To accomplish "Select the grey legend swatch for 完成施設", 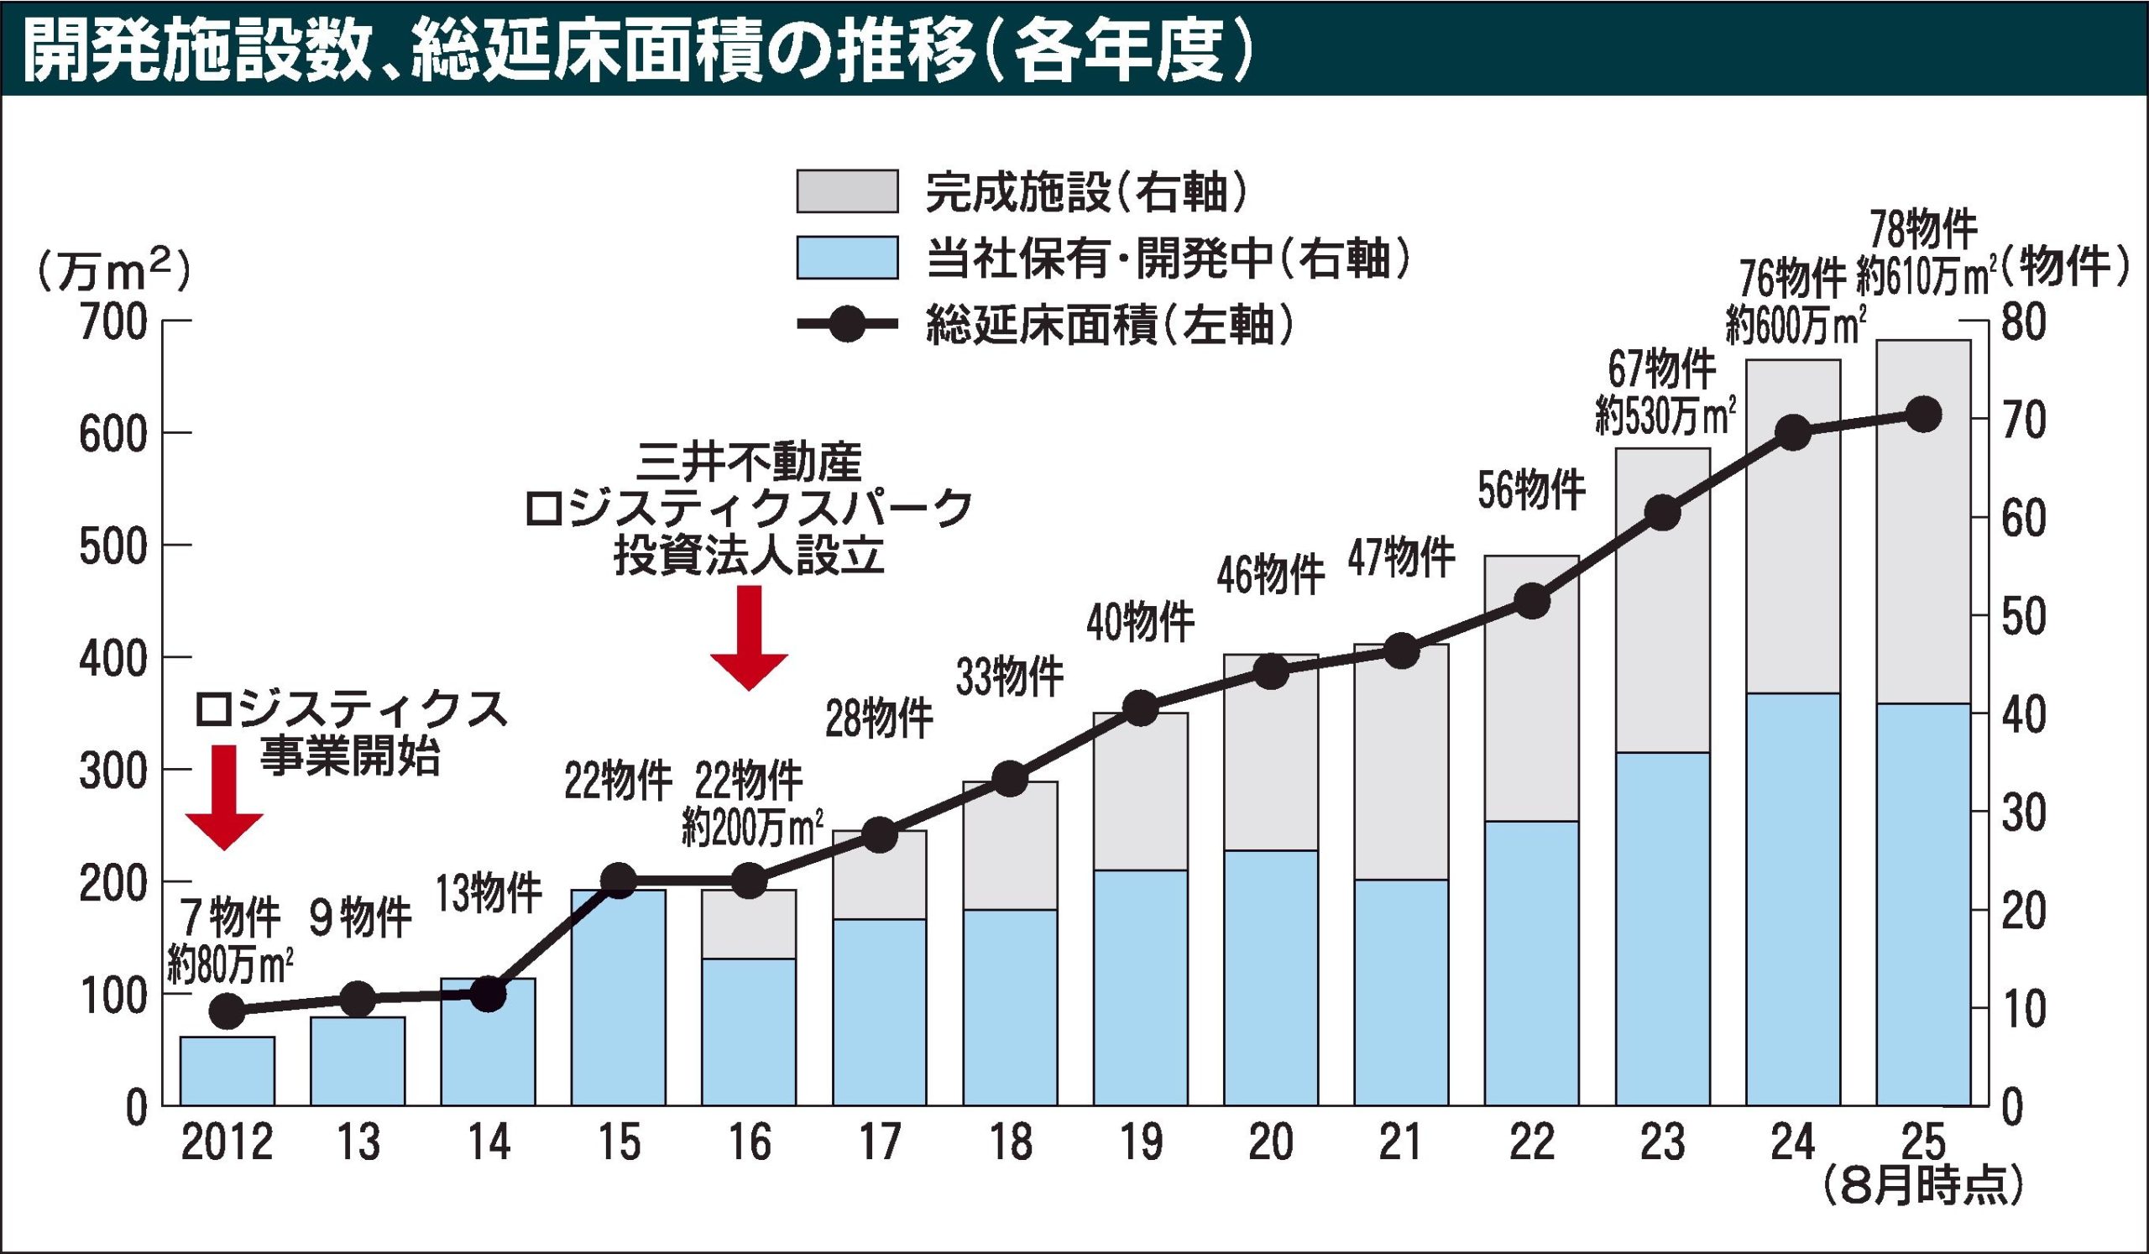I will point(846,191).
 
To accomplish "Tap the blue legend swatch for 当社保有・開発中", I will point(846,257).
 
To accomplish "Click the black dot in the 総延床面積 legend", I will point(847,324).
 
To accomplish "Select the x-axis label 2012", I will point(227,1143).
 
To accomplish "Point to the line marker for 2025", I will point(1923,415).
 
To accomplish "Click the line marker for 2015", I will point(620,880).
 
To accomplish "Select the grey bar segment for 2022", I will point(1532,688).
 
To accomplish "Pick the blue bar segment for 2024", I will point(1792,898).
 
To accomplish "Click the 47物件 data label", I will point(1401,557).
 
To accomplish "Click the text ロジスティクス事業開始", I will point(350,732).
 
